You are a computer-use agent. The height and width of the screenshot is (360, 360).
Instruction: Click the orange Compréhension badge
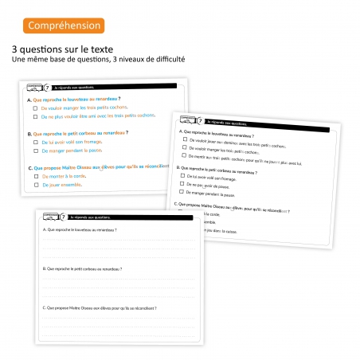click(x=64, y=25)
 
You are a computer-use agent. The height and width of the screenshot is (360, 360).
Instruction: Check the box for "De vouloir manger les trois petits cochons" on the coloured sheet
click(x=35, y=107)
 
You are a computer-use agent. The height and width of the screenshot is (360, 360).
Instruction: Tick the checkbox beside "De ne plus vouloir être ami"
click(x=35, y=116)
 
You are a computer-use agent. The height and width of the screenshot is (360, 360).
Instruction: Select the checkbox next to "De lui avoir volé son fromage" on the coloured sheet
click(x=35, y=141)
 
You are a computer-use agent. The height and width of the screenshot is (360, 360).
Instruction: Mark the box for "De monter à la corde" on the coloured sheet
click(x=35, y=175)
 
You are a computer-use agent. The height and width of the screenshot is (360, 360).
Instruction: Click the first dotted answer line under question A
click(x=119, y=240)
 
